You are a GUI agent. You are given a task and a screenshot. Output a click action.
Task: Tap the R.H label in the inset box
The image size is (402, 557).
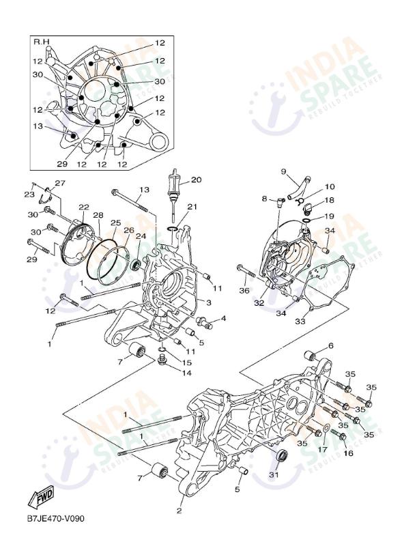(x=42, y=42)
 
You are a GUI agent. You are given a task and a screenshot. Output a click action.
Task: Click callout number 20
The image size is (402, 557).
(x=197, y=180)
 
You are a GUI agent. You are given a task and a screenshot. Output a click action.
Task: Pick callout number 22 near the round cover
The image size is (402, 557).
(x=83, y=208)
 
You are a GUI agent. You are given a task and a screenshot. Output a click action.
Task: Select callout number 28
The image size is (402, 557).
(x=98, y=215)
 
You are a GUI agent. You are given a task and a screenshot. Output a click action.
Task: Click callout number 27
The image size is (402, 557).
(x=60, y=183)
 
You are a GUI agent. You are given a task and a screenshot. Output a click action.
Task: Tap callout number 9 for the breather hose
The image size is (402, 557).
(x=283, y=171)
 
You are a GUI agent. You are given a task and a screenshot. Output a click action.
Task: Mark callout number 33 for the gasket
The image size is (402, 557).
(x=300, y=321)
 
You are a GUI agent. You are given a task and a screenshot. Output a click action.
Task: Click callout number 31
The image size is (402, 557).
(x=274, y=475)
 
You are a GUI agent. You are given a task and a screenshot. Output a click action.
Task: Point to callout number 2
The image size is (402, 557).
(x=179, y=511)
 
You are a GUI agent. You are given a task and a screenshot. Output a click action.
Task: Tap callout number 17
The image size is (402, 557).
(x=322, y=450)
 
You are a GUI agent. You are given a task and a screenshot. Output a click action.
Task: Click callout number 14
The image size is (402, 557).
(x=186, y=373)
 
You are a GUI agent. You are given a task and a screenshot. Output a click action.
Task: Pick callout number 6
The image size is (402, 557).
(x=331, y=345)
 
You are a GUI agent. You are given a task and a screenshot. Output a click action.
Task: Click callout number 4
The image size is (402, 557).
(x=223, y=318)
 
